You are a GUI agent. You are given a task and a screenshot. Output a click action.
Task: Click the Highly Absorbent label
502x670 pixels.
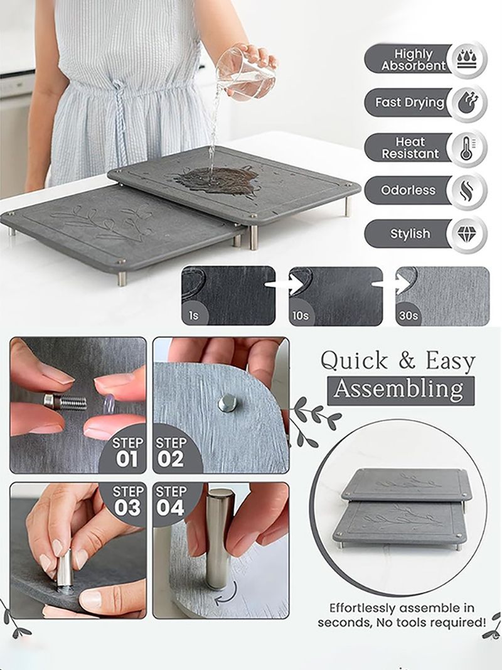coord(414,60)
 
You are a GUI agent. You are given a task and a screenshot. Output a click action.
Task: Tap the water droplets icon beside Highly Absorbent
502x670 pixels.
coord(467,60)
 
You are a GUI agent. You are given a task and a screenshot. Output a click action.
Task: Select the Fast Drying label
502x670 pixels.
coord(410,102)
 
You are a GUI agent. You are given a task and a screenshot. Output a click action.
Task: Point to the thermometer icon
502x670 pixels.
coord(467,148)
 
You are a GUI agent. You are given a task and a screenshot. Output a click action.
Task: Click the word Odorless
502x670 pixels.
coord(409,190)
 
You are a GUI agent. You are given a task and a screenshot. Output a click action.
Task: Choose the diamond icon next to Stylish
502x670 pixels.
coord(467,234)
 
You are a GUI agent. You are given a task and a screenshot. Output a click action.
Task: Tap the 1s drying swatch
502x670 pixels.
coord(229,296)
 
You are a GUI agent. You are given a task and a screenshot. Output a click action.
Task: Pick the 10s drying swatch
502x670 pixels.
coord(336,296)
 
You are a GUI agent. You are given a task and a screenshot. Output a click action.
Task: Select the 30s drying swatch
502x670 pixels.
coord(442,296)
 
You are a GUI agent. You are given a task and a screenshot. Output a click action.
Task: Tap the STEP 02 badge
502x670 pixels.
coord(173,451)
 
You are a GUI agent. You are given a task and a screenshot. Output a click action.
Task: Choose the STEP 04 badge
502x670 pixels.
coord(173,502)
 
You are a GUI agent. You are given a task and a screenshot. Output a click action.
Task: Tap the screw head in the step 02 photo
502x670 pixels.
coord(227,403)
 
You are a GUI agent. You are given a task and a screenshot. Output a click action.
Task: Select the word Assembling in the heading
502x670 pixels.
coord(398,389)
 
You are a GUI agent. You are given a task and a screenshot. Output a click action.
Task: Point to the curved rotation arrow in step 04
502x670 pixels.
coord(227,595)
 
